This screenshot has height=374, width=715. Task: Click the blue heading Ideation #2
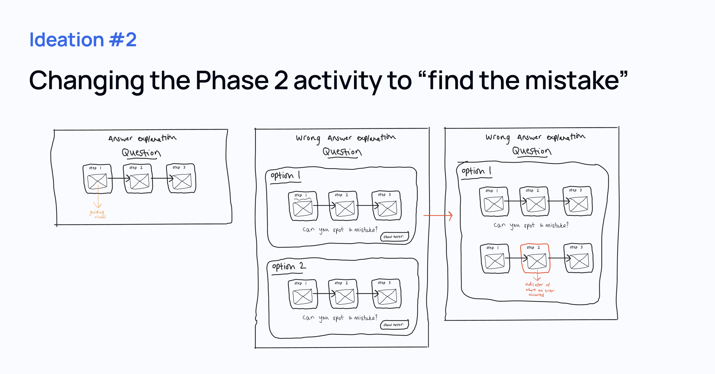[x=83, y=40]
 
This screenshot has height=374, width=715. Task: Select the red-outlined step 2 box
[x=535, y=258]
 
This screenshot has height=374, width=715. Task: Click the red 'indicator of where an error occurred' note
[x=539, y=289]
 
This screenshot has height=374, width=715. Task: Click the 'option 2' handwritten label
[x=289, y=266]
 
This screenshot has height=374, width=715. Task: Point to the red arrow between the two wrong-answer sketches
[x=438, y=216]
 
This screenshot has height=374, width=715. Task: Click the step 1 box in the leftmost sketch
[x=97, y=179]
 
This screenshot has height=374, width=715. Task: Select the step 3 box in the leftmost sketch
[x=181, y=178]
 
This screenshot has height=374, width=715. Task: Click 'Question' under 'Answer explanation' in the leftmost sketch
[x=141, y=153]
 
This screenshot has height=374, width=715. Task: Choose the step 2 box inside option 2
[x=344, y=294]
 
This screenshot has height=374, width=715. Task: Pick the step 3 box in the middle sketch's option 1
[x=387, y=206]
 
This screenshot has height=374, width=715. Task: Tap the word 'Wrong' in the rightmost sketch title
[x=498, y=138]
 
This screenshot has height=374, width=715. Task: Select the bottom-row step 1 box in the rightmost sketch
[x=495, y=259]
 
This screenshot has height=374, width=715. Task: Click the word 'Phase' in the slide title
[x=232, y=81]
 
